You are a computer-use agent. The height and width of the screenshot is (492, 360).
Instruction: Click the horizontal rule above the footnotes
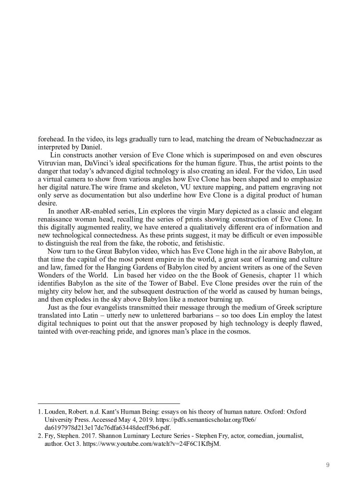(108, 404)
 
